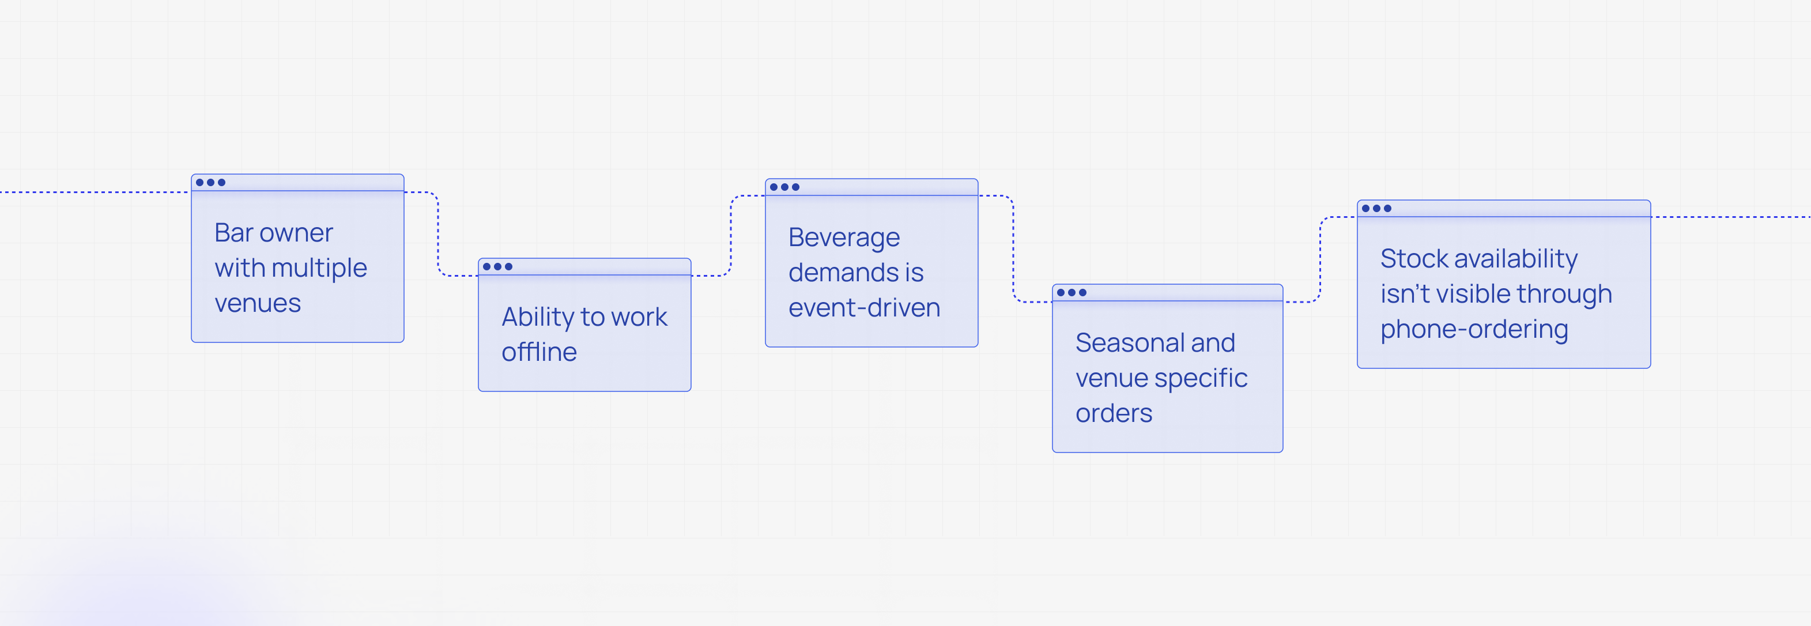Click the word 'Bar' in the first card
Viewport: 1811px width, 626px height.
pos(233,233)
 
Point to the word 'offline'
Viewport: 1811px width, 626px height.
pos(539,352)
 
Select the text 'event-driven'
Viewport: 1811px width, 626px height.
pos(864,308)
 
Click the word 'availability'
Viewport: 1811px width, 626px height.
pos(1516,259)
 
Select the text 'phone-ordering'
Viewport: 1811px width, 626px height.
pos(1474,330)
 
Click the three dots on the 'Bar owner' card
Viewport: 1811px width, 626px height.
pos(211,183)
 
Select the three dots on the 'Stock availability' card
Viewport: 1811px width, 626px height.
pos(1376,208)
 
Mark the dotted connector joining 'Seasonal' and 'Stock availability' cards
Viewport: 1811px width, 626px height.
pos(1320,259)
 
